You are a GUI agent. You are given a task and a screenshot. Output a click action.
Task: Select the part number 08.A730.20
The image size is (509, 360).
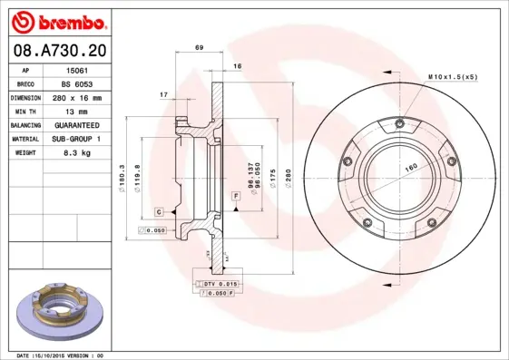tap(57, 52)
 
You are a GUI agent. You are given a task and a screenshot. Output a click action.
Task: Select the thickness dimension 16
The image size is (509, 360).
tap(237, 67)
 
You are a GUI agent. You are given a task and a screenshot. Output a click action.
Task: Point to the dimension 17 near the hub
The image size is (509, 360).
tap(162, 94)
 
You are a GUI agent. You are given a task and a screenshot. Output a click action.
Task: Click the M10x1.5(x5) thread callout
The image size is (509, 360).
tap(452, 78)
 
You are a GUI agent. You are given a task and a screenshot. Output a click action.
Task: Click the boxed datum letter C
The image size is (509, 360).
tap(159, 211)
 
